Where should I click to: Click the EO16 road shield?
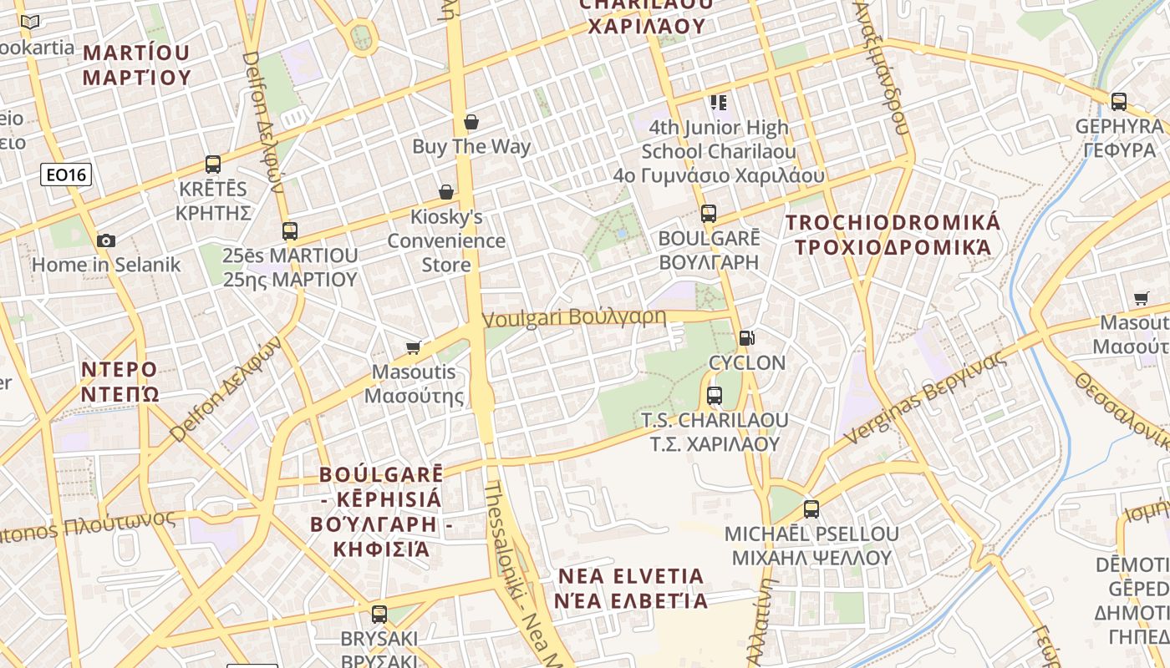[66, 175]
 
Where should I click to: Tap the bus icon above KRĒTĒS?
[213, 164]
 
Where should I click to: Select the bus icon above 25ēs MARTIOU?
[290, 231]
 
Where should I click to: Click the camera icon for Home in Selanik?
[106, 240]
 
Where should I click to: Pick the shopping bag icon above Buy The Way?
[471, 123]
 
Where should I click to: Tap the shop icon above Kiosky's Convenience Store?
[446, 193]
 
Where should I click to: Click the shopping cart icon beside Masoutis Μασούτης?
[414, 347]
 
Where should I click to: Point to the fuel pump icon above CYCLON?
[746, 338]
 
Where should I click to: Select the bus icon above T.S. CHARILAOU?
[714, 395]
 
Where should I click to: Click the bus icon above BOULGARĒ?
[709, 214]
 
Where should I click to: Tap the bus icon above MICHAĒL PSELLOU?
[811, 509]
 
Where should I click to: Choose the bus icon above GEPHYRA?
[1119, 102]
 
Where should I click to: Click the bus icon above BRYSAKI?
[379, 615]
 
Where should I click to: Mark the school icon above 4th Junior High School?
[718, 103]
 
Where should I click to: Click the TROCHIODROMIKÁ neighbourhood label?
[893, 235]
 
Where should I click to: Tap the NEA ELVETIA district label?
[631, 588]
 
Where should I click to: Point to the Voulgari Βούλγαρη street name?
[575, 318]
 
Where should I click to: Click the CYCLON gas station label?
[747, 363]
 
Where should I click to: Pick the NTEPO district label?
[120, 381]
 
